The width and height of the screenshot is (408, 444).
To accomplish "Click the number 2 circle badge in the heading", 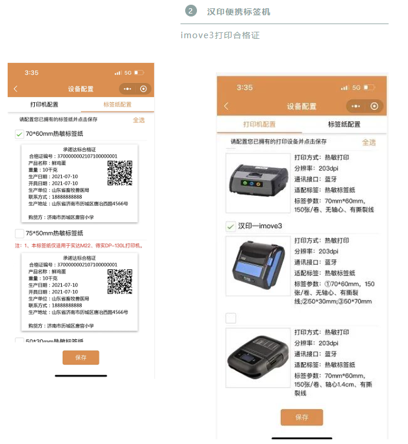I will point(190,11).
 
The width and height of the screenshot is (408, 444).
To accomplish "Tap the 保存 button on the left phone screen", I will point(81,358).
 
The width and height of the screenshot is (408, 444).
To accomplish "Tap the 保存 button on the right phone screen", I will point(302,417).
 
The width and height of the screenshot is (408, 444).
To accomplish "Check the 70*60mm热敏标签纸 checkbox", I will point(19,134).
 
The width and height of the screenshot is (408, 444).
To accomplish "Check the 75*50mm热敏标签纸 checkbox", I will point(19,233).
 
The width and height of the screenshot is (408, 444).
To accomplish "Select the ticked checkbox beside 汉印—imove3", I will point(231,226).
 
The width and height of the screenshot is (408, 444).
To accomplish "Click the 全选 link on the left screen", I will point(139,120).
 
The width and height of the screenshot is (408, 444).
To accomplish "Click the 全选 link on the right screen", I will point(369,142).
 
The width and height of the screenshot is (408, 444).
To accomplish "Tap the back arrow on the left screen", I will point(15,89).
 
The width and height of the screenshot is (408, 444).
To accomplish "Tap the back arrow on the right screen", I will point(226,106).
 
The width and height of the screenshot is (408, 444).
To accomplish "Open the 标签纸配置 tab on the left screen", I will point(118,105).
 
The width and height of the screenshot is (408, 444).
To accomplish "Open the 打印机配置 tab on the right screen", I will point(259,124).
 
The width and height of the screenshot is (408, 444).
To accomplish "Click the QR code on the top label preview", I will point(120,172).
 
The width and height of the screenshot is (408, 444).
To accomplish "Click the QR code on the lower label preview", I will point(120,281).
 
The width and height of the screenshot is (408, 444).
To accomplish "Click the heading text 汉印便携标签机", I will point(239,12).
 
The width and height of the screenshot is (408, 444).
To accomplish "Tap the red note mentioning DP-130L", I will point(79,245).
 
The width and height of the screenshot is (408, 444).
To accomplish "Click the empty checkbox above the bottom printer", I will point(231,318).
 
